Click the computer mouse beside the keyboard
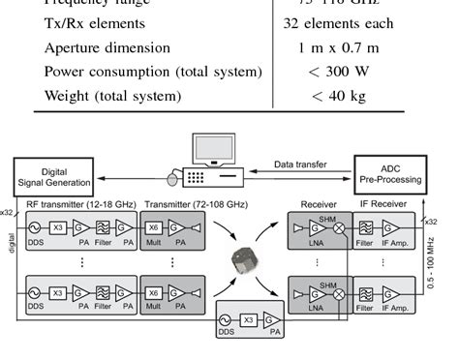click(x=172, y=179)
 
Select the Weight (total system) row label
click(x=112, y=96)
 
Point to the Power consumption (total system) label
click(x=153, y=72)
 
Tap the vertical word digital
click(x=12, y=252)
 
